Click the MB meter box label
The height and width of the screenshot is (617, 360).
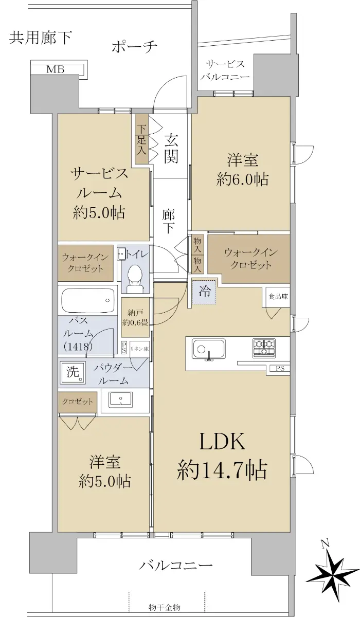click(56, 69)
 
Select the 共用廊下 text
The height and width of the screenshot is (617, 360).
click(41, 38)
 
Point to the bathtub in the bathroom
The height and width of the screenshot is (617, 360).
click(87, 300)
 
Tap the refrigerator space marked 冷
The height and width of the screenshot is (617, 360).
click(204, 291)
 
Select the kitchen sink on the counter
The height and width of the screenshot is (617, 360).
click(208, 349)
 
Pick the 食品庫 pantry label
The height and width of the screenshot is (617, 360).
click(278, 297)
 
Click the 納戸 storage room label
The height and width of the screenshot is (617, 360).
click(135, 318)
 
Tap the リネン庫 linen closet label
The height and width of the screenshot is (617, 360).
click(139, 349)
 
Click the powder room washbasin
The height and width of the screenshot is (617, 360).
click(121, 400)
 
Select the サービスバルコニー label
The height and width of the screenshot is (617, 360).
click(225, 70)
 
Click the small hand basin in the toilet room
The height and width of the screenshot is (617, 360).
click(121, 253)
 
